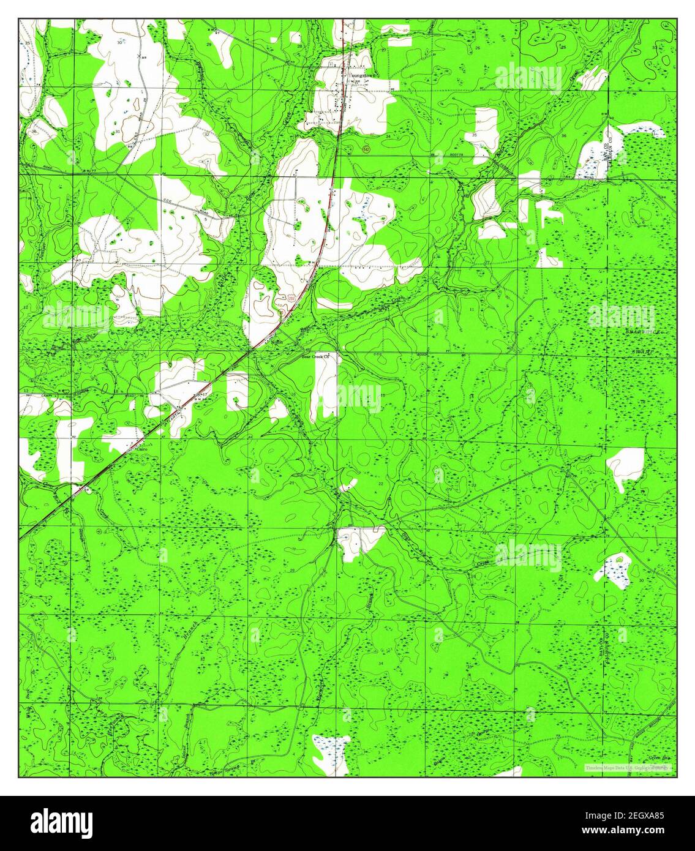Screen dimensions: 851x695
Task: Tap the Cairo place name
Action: point(141,448)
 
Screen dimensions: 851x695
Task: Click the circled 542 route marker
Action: point(348,149)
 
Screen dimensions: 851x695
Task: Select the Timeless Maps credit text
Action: point(627,768)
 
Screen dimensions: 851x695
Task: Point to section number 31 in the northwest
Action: point(116,131)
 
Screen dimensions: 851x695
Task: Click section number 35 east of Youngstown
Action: point(475,135)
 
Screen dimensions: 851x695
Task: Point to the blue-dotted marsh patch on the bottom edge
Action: point(331,753)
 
